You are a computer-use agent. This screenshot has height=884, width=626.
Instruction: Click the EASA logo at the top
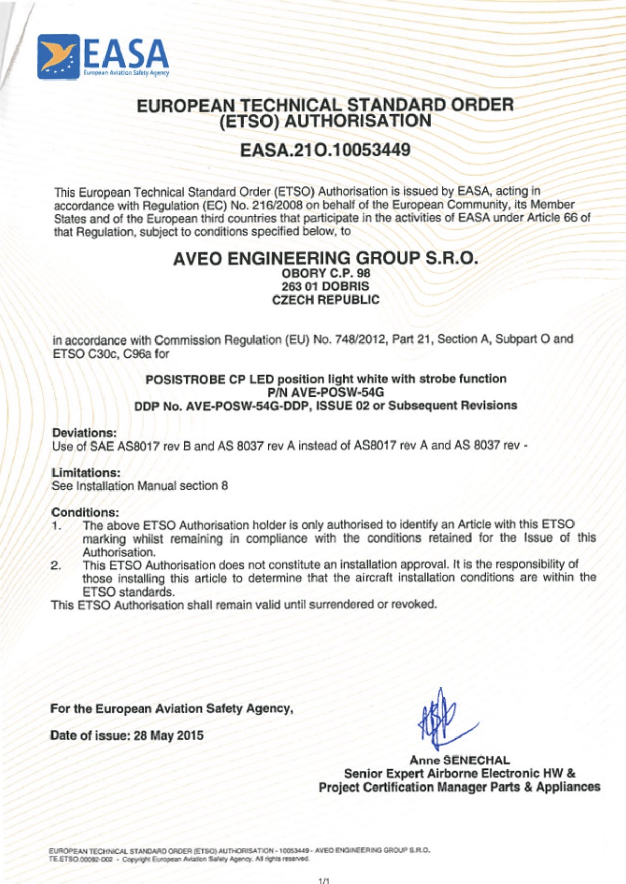click(x=103, y=57)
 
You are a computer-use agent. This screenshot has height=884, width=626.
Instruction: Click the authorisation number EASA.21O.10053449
click(x=325, y=151)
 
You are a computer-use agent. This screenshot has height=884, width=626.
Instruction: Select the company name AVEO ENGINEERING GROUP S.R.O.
click(x=325, y=258)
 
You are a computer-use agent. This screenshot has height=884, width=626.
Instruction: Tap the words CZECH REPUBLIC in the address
click(x=325, y=300)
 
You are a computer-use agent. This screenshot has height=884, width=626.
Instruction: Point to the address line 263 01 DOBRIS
click(x=325, y=286)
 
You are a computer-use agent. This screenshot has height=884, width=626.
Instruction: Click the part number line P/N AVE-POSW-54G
click(x=325, y=392)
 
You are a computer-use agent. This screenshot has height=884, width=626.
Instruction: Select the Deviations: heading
click(x=84, y=433)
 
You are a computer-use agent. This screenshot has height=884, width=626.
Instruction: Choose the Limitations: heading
click(x=86, y=473)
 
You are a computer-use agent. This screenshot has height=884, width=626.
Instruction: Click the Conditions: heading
click(x=85, y=512)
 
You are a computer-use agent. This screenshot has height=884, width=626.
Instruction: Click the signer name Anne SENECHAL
click(x=459, y=760)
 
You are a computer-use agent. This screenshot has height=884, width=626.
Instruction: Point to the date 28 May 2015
click(x=169, y=735)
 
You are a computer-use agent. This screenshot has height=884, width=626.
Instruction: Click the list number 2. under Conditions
click(x=56, y=565)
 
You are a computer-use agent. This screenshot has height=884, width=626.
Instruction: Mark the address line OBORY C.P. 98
click(x=325, y=273)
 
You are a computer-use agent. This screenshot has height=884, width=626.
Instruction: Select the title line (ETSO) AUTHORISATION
click(x=325, y=121)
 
